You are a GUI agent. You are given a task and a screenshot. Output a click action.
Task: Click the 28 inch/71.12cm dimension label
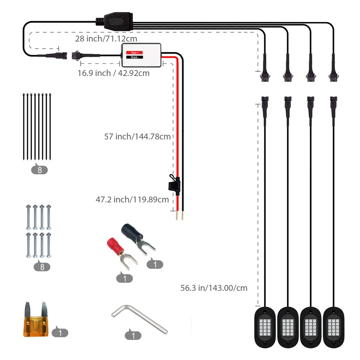(x=106, y=39)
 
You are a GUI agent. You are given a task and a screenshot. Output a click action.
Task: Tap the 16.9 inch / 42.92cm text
(x=113, y=73)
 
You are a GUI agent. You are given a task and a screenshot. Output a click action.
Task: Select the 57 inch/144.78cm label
(x=137, y=136)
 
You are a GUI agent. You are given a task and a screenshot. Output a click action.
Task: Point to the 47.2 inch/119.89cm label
(x=132, y=199)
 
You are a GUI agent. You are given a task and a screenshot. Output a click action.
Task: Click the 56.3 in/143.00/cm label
(x=214, y=288)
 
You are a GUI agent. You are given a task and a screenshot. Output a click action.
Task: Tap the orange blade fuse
(x=36, y=319)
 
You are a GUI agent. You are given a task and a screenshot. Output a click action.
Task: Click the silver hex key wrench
(x=139, y=319)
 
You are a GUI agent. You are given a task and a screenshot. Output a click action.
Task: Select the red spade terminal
(x=121, y=253)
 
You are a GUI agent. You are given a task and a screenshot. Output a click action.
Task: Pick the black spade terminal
(x=138, y=239)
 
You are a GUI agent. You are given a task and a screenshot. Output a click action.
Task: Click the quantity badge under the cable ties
(x=40, y=170)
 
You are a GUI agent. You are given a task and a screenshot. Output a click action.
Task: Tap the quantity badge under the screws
(x=42, y=266)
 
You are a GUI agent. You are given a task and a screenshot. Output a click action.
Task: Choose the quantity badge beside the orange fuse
(x=60, y=332)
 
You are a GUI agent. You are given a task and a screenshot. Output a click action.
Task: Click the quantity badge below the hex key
(x=133, y=335)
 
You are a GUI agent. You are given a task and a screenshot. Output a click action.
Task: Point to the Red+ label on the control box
(x=135, y=53)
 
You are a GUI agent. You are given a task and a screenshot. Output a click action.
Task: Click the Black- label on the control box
(x=135, y=57)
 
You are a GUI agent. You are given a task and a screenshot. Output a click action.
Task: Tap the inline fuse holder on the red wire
(x=174, y=184)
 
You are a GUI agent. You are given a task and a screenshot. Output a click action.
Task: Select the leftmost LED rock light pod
(x=265, y=327)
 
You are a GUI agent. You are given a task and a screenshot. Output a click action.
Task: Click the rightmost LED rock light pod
(x=333, y=327)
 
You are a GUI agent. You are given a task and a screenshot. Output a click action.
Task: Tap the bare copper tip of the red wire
(x=177, y=216)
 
